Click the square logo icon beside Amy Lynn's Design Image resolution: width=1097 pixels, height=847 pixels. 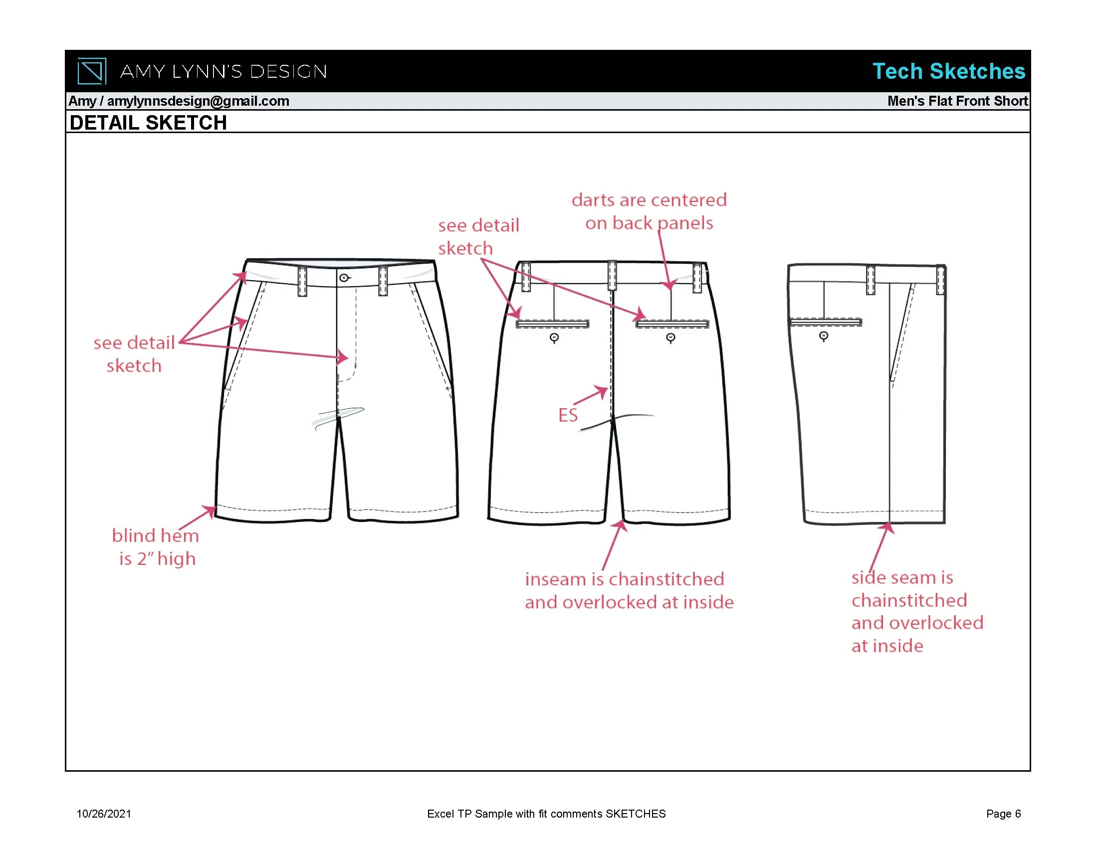91,71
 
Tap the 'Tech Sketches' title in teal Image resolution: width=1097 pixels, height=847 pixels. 948,71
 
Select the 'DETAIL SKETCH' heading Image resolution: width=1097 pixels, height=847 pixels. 148,123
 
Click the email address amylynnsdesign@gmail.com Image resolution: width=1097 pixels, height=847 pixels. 198,101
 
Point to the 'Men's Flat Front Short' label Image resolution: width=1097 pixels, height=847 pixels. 957,101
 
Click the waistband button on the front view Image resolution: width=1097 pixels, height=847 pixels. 344,278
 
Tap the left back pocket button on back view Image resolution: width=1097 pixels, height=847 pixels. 554,338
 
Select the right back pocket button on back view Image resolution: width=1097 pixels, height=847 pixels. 670,338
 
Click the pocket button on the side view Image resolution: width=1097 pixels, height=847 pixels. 823,336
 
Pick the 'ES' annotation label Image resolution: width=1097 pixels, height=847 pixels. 568,415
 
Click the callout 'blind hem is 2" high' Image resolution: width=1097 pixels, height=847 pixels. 156,547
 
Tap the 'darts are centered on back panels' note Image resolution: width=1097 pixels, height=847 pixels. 649,211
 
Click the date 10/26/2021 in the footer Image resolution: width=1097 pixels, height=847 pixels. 103,814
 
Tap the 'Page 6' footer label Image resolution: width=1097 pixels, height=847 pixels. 1003,814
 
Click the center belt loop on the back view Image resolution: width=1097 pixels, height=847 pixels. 612,275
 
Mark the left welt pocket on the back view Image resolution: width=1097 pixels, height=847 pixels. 553,324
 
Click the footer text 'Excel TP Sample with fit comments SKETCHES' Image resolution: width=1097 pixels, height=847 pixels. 546,814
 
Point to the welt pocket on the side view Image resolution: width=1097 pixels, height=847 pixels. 825,322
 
